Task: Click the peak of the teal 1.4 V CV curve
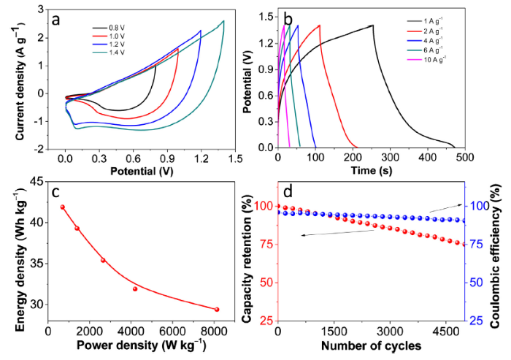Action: pos(223,21)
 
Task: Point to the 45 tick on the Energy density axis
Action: pos(36,183)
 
